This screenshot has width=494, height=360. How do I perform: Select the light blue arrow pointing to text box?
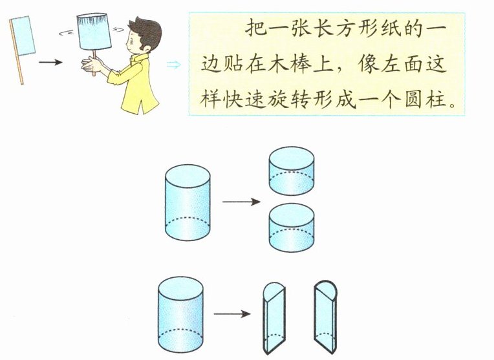(x=174, y=64)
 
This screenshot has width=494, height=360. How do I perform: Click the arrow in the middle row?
(x=241, y=202)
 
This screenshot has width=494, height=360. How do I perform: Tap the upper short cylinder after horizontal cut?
(x=292, y=171)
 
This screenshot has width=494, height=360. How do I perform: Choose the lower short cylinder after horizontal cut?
(x=292, y=230)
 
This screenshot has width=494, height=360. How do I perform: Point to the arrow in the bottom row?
(x=231, y=315)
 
